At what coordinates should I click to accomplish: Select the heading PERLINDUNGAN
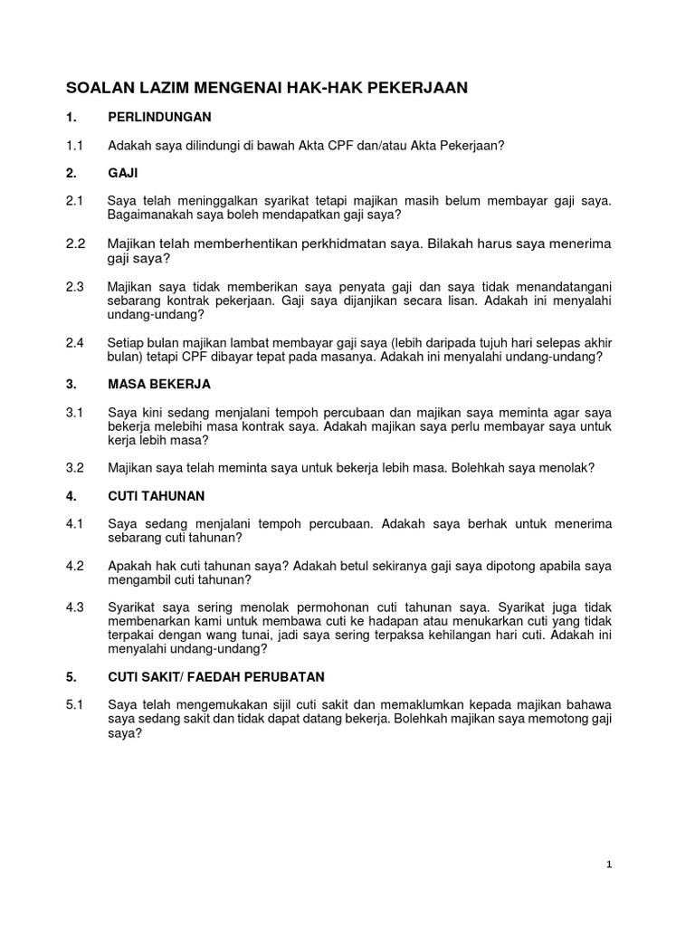[159, 117]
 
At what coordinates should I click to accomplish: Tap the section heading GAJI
[123, 171]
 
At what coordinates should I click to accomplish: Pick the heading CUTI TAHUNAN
[156, 496]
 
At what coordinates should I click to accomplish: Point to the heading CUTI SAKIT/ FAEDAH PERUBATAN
[215, 677]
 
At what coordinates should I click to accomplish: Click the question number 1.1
[74, 144]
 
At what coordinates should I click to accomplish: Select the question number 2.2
[75, 244]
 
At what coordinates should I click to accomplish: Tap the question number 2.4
[75, 343]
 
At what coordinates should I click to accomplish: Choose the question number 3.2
[75, 468]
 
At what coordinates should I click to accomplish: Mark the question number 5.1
[74, 704]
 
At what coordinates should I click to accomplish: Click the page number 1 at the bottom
[610, 865]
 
